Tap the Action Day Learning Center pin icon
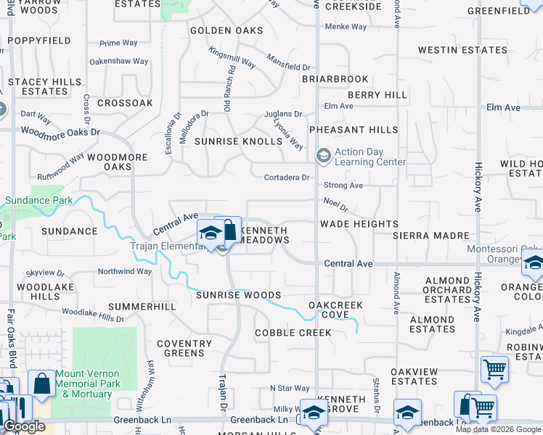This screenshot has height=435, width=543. (323, 156)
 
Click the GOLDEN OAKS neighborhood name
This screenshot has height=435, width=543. (226, 30)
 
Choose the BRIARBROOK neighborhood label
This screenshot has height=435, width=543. (335, 78)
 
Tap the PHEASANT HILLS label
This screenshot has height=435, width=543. (354, 130)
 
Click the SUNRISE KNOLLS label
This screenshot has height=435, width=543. (238, 141)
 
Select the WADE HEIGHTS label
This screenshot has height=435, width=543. (359, 224)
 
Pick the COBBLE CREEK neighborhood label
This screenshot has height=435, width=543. (293, 333)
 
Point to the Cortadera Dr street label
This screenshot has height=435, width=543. (287, 178)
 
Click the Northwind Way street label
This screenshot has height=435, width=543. (125, 271)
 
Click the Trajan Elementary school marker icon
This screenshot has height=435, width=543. (211, 233)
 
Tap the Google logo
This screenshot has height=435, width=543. (24, 426)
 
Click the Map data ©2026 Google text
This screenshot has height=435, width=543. (498, 429)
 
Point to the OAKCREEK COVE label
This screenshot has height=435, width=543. (335, 310)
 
